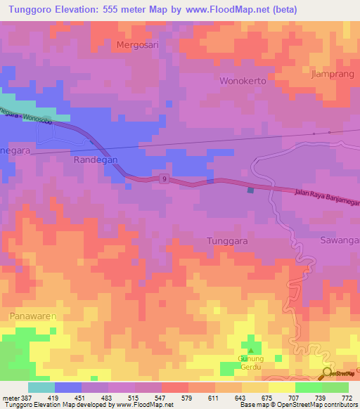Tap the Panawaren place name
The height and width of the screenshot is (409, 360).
(32, 316)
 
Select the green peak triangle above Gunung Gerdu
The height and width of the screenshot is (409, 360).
(251, 349)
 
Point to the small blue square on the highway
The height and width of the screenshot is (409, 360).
(250, 189)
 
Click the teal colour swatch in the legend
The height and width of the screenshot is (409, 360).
(41, 387)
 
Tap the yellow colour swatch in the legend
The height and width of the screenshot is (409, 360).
(281, 387)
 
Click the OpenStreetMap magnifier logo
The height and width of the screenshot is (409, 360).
(328, 373)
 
